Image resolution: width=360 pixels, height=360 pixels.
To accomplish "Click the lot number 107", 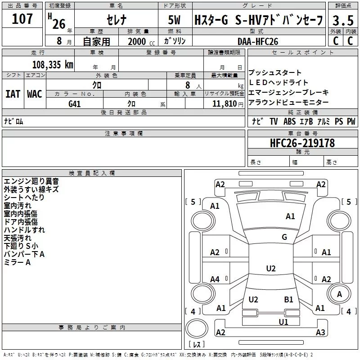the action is coord(22,19).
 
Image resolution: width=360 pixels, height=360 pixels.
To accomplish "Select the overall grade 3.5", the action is coord(342,20).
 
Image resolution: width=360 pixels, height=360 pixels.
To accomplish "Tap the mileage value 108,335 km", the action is coord(53,64).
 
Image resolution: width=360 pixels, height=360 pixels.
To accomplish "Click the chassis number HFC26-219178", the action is coord(302,143).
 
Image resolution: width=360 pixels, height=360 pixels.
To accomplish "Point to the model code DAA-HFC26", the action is coord(258,41).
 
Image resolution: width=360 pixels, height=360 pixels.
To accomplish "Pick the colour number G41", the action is coord(75,103).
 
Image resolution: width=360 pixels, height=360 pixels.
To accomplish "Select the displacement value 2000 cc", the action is coord(139,41).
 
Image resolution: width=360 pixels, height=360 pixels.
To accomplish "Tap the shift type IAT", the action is coord(13,94).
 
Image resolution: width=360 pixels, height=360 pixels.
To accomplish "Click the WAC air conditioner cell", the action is coord(34,94).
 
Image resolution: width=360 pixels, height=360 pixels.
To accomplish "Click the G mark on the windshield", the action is coord(284,237).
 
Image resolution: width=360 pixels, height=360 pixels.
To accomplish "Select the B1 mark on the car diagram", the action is coord(288,299).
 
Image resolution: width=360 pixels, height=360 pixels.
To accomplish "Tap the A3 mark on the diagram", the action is coord(320,333).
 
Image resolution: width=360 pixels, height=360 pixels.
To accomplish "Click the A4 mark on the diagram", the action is coord(215,279).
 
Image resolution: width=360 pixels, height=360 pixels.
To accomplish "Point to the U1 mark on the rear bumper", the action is coord(283,322).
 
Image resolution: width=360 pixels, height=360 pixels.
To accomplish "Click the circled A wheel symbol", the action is coord(339,294).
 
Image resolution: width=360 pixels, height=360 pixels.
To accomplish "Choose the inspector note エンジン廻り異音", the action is coord(31,181).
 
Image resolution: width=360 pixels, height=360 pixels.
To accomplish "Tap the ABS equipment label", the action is coord(290,121).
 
